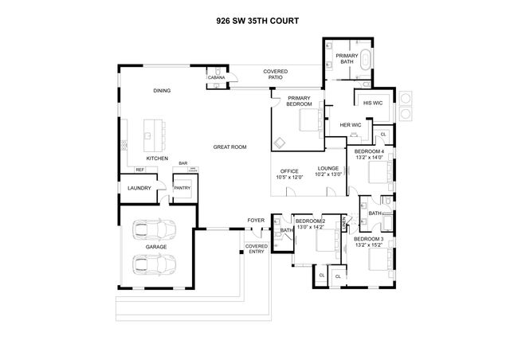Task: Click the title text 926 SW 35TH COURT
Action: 257,22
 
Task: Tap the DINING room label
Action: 162,90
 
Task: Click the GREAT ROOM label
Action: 229,147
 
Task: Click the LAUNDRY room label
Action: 139,188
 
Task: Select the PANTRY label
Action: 182,188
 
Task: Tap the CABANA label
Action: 216,77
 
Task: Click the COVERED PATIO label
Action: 276,76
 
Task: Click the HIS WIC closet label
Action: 373,103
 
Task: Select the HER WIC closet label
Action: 351,124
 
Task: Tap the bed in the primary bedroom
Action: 307,122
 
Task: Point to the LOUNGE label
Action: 328,168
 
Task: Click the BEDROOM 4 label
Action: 369,151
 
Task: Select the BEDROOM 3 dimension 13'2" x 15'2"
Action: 369,245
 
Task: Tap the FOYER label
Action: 256,220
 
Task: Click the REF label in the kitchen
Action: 139,169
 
